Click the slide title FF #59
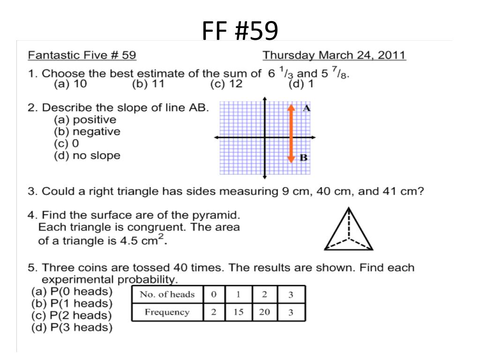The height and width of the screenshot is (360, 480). click(240, 31)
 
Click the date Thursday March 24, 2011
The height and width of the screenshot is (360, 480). click(334, 55)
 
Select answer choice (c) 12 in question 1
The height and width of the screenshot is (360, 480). click(226, 84)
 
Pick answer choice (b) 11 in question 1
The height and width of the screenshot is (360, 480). click(148, 84)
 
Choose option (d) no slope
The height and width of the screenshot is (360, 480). click(87, 156)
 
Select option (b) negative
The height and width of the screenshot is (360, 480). click(87, 132)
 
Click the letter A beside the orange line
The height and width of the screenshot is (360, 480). click(307, 108)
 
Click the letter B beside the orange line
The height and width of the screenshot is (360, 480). click(303, 157)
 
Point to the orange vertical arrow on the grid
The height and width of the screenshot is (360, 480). click(291, 134)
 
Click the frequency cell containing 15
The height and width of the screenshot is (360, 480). click(238, 312)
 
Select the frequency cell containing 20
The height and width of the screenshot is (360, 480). click(264, 312)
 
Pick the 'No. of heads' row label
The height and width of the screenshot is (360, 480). click(167, 294)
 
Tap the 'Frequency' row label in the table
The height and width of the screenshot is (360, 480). click(167, 312)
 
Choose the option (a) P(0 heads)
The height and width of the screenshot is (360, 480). click(72, 292)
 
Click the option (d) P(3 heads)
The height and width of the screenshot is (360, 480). click(72, 328)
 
